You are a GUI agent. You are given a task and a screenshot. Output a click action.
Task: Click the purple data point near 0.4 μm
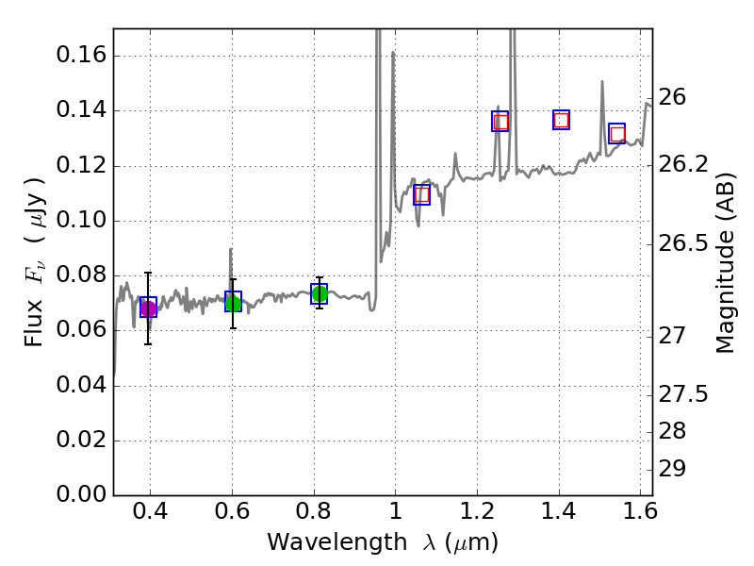click(x=148, y=308)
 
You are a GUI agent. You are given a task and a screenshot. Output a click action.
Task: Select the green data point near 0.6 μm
click(x=233, y=302)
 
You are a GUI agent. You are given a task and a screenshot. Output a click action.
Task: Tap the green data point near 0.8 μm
click(x=320, y=293)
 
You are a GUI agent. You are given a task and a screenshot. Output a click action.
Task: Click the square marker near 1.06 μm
click(x=421, y=194)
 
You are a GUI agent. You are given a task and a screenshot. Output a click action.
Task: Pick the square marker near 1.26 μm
click(x=500, y=121)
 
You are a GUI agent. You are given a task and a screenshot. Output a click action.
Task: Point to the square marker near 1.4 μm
click(x=562, y=119)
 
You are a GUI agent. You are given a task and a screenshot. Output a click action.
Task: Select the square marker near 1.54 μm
click(x=617, y=133)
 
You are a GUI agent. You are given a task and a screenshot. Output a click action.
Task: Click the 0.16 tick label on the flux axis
click(x=80, y=56)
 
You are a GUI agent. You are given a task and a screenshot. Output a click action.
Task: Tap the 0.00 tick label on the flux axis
click(x=80, y=495)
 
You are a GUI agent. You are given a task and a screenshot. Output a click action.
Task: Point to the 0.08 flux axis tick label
click(x=80, y=275)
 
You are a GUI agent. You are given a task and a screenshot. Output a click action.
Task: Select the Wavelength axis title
click(x=382, y=542)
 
